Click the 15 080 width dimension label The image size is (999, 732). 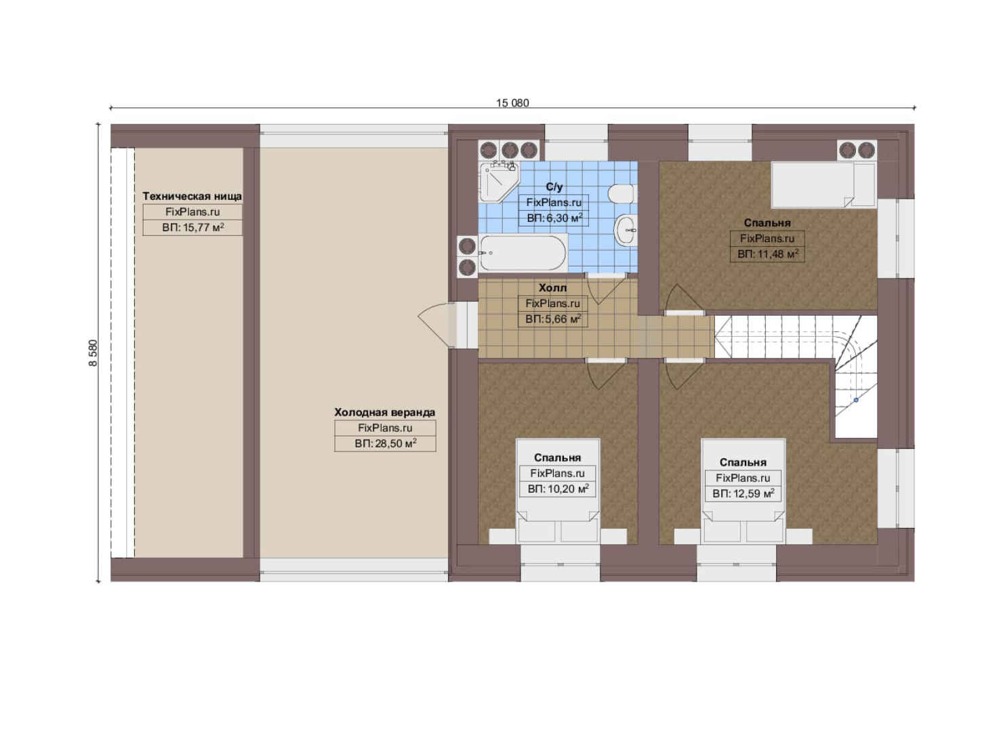pyautogui.click(x=512, y=103)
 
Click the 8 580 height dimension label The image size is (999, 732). pyautogui.click(x=94, y=353)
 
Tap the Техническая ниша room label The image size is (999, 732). pyautogui.click(x=192, y=197)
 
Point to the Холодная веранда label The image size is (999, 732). pyautogui.click(x=385, y=412)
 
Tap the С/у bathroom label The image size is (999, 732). pyautogui.click(x=554, y=187)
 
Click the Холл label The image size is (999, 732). pyautogui.click(x=552, y=288)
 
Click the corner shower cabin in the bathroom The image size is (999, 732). pyautogui.click(x=499, y=182)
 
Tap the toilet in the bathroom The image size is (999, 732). pyautogui.click(x=621, y=194)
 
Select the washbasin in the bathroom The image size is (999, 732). pyautogui.click(x=626, y=230)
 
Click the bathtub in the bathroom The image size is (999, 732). pyautogui.click(x=523, y=253)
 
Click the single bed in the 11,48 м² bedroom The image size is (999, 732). pyautogui.click(x=824, y=184)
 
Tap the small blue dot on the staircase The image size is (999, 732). pyautogui.click(x=856, y=400)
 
